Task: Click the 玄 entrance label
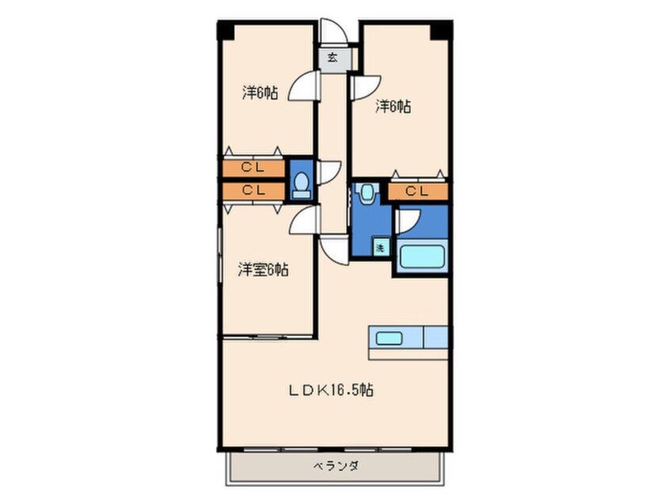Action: pyautogui.click(x=333, y=58)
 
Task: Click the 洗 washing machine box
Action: pyautogui.click(x=380, y=247)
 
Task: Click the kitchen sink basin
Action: pyautogui.click(x=388, y=338)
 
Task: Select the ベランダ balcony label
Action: pyautogui.click(x=333, y=467)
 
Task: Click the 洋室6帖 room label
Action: pyautogui.click(x=264, y=269)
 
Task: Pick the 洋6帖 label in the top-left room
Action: pyautogui.click(x=260, y=93)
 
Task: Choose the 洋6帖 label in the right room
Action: pyautogui.click(x=394, y=105)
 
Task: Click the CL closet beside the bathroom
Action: pyautogui.click(x=417, y=191)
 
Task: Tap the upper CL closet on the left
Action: pyautogui.click(x=253, y=168)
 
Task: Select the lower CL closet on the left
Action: pyautogui.click(x=253, y=190)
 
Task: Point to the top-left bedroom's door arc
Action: pyautogui.click(x=303, y=87)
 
